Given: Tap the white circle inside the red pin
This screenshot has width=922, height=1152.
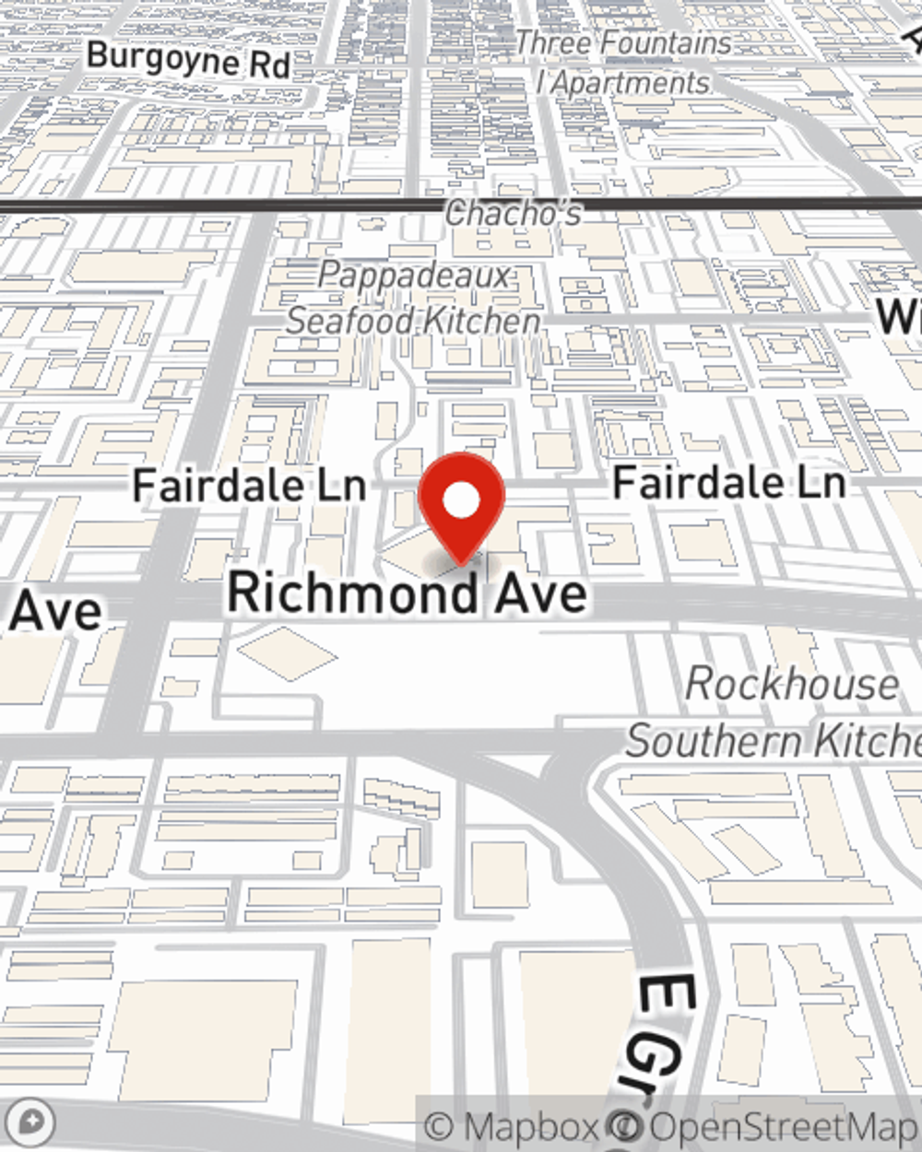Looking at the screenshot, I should point(461,500).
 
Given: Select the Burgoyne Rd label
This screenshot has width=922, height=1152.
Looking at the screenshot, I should point(189,60).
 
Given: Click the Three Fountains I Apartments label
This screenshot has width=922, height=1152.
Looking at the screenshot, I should point(623,63).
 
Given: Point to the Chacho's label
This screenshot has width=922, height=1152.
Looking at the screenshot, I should point(514,214).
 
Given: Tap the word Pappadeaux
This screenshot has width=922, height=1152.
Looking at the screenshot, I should point(415,276).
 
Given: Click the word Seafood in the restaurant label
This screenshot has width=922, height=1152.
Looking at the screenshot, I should point(350,321).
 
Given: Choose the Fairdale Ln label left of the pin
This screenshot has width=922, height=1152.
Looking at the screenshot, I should point(249,486).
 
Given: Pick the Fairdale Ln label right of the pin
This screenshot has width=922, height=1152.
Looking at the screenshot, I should point(728,482).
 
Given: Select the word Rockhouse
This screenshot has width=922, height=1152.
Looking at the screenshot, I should point(792,684).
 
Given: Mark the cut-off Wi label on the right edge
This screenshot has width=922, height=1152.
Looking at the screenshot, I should point(898,316).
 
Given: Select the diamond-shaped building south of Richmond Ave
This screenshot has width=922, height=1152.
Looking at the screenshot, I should point(287,653).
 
